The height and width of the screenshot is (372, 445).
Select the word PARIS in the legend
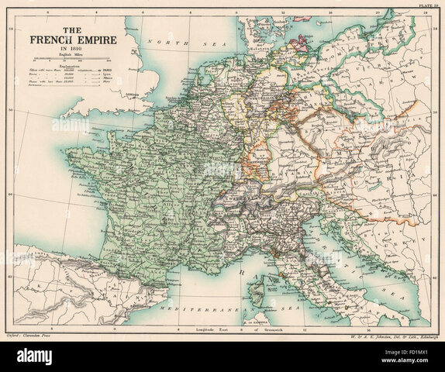tap(109, 71)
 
